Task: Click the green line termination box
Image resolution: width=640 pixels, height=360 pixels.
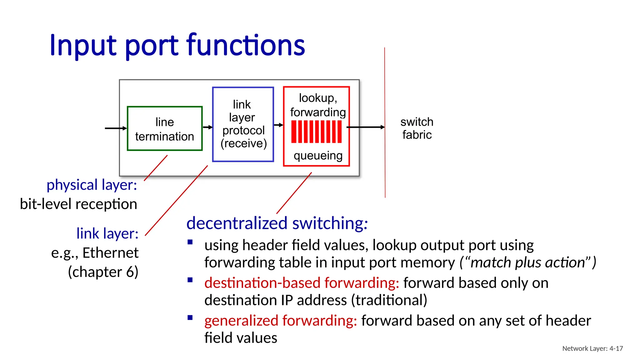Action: tap(165, 129)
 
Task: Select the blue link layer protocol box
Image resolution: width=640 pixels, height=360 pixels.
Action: tap(243, 124)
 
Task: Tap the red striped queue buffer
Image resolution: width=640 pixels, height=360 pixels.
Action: tap(316, 132)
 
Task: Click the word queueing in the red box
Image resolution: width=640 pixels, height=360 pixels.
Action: tap(318, 155)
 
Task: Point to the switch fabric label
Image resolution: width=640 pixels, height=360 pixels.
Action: tap(417, 128)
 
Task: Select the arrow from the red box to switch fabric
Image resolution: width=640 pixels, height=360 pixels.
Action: tap(366, 127)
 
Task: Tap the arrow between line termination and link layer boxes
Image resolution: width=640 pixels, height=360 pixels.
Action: tap(207, 127)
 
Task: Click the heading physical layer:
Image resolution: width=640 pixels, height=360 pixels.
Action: tap(92, 185)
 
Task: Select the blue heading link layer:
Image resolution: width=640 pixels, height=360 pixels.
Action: tap(107, 233)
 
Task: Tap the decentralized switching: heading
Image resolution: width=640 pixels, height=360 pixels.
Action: tap(277, 223)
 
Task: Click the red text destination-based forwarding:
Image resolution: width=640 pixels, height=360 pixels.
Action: tap(302, 283)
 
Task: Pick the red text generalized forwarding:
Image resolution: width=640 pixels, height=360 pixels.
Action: tap(280, 321)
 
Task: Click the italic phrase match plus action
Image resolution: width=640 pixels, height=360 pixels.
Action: tap(527, 262)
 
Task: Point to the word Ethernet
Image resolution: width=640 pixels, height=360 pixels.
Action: tap(110, 252)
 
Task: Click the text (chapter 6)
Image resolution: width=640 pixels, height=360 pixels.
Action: tap(103, 272)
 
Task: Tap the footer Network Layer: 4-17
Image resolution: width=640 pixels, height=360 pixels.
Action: tap(592, 348)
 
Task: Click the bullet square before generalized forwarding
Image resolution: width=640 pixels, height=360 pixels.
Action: tap(190, 318)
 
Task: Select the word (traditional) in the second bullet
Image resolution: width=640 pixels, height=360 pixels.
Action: tap(389, 300)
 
